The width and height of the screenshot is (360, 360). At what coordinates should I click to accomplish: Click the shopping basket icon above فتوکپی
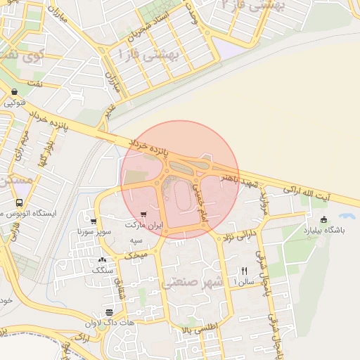15,91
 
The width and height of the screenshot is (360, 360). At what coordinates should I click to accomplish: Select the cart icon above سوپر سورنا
94,221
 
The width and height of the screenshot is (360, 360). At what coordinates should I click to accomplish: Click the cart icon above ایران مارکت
144,215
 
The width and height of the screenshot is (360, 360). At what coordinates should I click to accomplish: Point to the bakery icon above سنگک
103,259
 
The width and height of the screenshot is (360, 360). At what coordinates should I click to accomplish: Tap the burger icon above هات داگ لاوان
109,312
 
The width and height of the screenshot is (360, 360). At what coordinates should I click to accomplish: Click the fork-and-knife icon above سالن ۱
244,270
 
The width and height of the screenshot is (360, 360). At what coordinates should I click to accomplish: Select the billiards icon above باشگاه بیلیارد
323,219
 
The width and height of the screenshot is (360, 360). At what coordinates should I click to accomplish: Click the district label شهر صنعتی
193,283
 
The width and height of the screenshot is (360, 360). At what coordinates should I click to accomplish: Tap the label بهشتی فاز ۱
149,53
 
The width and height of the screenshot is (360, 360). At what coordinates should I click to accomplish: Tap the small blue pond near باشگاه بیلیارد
346,217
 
